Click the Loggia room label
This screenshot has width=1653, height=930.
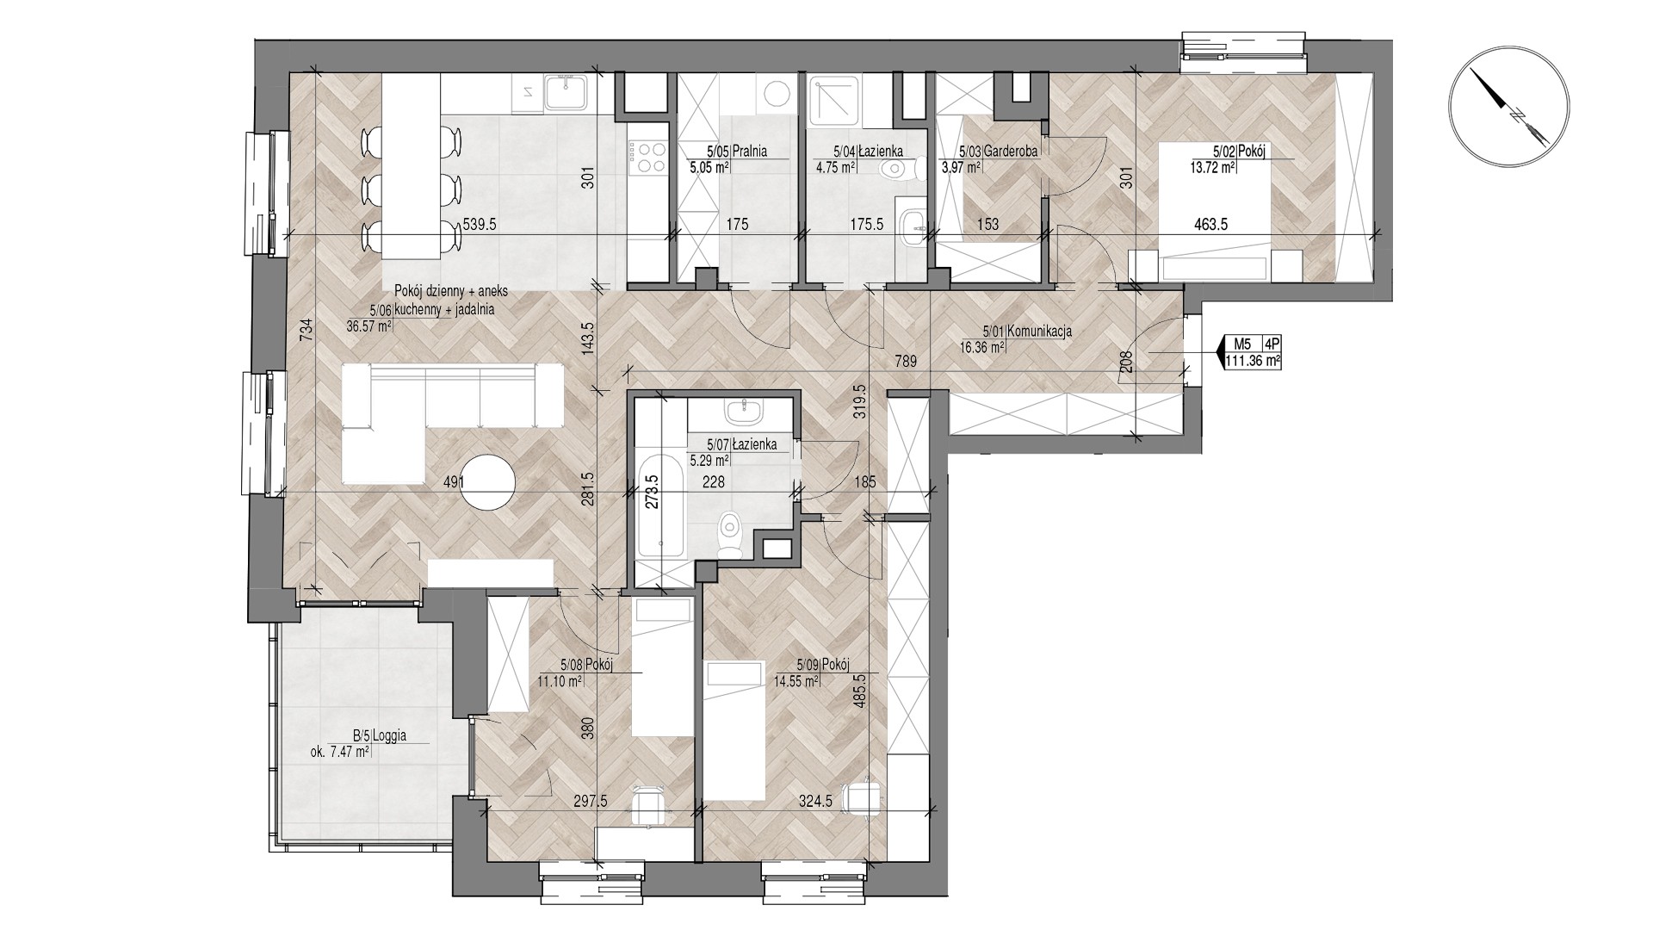point(380,735)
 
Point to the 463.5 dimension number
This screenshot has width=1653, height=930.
point(1210,225)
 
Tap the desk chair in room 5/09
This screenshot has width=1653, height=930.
point(862,797)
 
